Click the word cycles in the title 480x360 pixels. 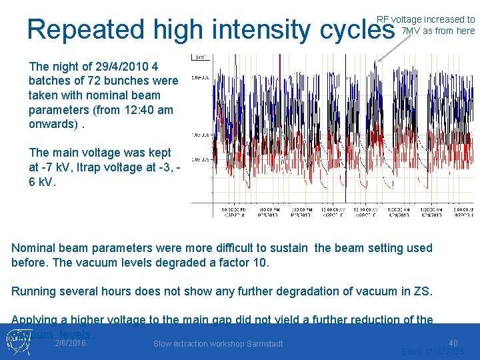(358, 30)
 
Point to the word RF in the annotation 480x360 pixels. (383, 19)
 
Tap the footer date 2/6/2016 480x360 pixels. (70, 343)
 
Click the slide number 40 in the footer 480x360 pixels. (453, 341)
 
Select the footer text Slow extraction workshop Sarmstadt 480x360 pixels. (218, 344)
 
